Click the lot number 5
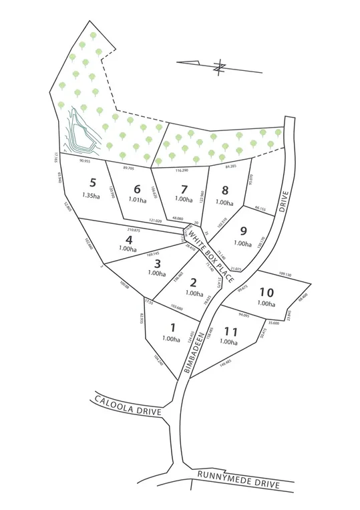[94, 182]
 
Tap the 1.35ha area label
[94, 196]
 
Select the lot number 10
[266, 291]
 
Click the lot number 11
[231, 331]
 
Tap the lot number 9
[244, 231]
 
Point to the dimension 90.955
[85, 160]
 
